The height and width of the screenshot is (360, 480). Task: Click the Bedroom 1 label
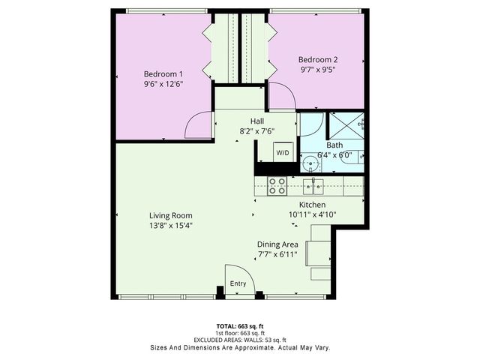coord(163,74)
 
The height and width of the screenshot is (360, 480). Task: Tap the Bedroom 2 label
coord(318,60)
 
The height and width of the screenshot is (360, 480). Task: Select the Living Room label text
coord(171,215)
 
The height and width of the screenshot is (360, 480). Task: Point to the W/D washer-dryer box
coord(283,152)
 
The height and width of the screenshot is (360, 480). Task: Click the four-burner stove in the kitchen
coord(277,185)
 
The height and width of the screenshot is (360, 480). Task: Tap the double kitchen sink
coord(313,184)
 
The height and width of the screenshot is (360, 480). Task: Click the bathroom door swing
coord(312,124)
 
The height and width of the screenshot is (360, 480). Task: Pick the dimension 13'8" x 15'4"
coord(171,226)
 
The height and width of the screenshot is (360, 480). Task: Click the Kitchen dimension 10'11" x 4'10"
coord(312,214)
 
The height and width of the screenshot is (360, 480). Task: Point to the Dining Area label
coord(277,244)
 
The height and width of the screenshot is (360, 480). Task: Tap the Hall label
coord(256,120)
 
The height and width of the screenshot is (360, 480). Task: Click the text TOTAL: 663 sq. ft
coord(241,326)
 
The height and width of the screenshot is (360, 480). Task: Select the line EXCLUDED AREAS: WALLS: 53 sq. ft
coord(241,340)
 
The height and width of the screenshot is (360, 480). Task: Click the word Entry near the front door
coord(238,283)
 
